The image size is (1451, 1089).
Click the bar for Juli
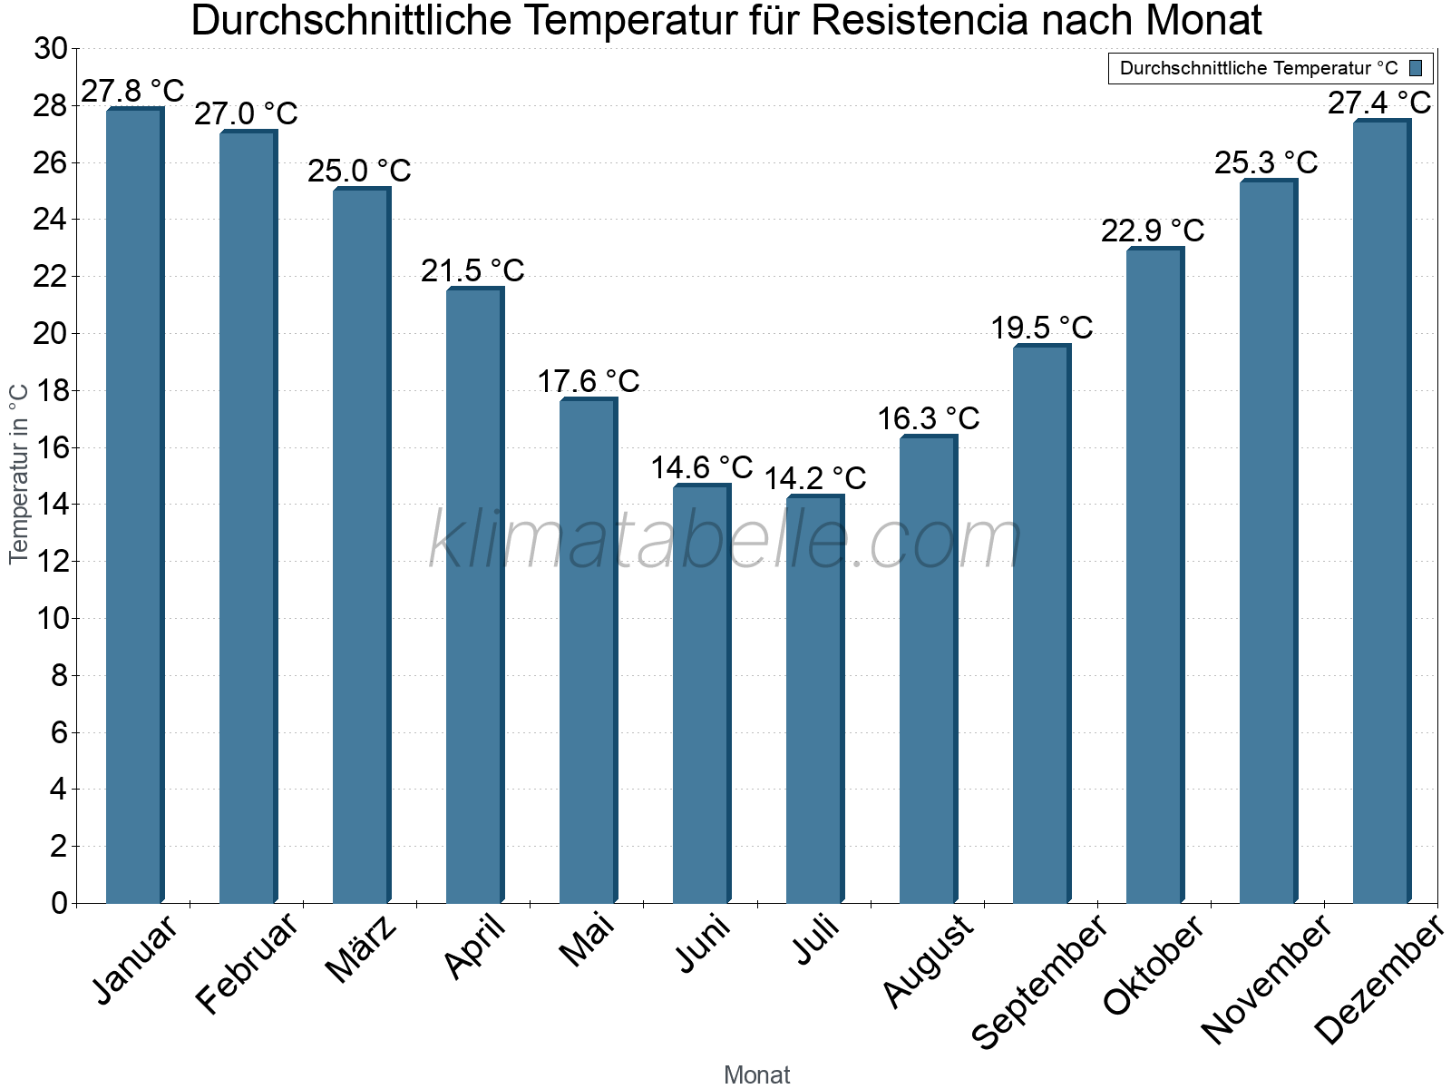tap(814, 699)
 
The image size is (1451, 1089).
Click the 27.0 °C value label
tap(246, 114)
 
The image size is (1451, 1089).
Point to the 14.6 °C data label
tap(702, 468)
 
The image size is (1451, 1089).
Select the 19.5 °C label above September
tap(1041, 329)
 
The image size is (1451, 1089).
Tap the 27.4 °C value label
tap(1379, 103)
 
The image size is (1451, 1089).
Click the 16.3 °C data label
tap(928, 419)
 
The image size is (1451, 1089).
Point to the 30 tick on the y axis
tap(51, 49)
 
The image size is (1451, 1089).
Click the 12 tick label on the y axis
tap(51, 562)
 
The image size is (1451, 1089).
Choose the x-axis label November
tap(1266, 979)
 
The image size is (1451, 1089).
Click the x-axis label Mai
tap(587, 940)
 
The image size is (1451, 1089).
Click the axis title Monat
tap(756, 1075)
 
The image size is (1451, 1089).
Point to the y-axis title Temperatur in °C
tap(19, 474)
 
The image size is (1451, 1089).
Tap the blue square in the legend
tap(1416, 68)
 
